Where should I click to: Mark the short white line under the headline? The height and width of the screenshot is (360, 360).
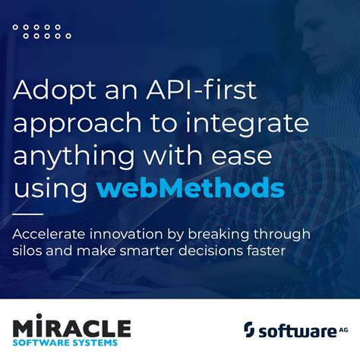point(28,213)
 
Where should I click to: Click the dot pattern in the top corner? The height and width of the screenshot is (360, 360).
point(43,31)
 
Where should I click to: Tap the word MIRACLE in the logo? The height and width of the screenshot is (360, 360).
point(72,328)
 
